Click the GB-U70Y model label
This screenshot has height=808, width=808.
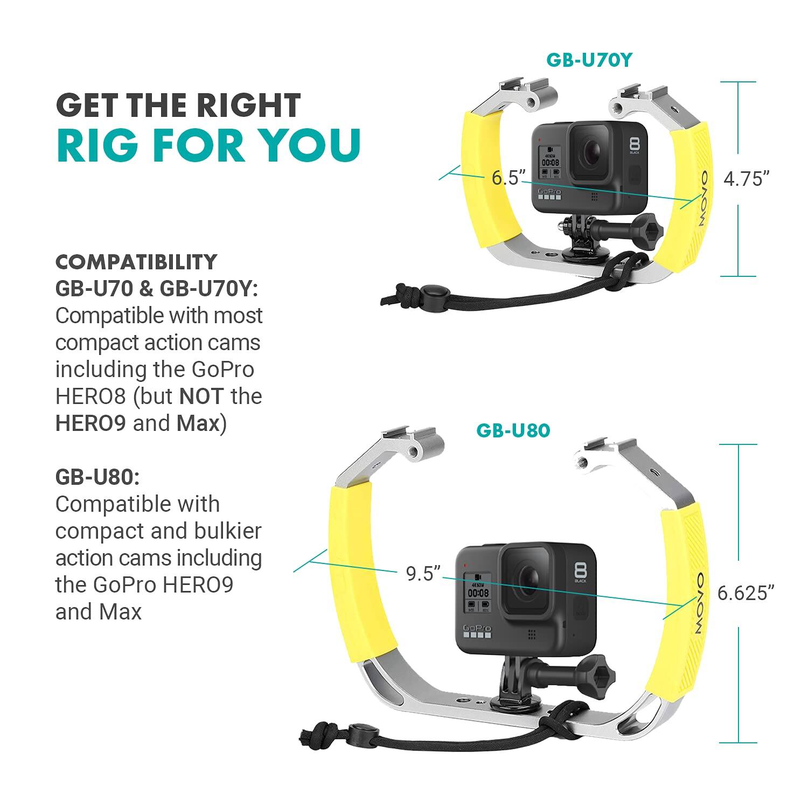click(588, 60)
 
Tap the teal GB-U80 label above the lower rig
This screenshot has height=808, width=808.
click(513, 430)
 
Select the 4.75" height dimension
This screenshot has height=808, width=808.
click(746, 179)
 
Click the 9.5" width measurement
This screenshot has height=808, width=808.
click(423, 574)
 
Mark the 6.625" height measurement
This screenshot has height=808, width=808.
click(746, 593)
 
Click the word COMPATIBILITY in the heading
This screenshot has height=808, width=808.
click(136, 262)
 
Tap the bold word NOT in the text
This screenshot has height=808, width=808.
click(201, 396)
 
